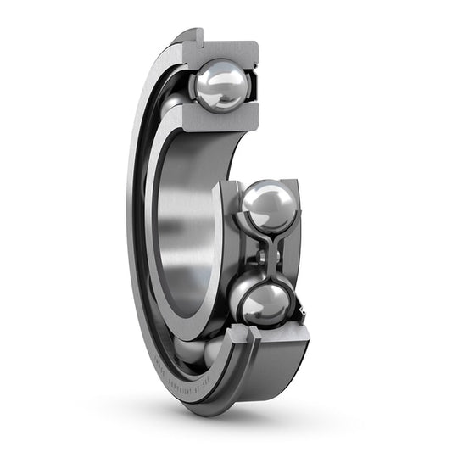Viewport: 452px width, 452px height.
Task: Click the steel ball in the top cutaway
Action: click(220, 83)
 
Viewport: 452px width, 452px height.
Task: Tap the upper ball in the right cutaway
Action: click(269, 206)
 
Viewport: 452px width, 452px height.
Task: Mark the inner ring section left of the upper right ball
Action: click(227, 220)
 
